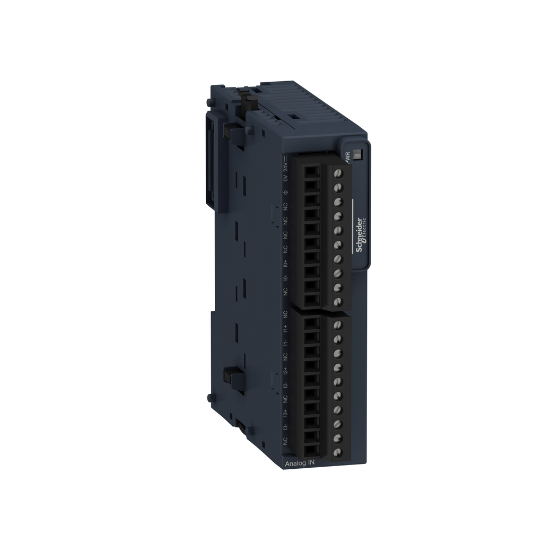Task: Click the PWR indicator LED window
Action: (357, 155)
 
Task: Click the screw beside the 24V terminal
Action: (336, 173)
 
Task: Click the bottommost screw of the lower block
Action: (336, 452)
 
